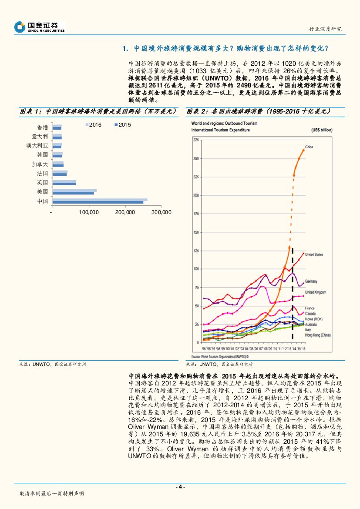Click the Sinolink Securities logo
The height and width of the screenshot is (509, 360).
(40, 27)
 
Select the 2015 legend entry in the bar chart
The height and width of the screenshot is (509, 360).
(122, 125)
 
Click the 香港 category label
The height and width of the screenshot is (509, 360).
(43, 127)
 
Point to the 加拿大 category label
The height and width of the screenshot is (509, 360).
(40, 164)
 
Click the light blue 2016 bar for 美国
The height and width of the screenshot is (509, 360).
(74, 190)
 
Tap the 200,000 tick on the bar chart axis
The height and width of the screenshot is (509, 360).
(126, 212)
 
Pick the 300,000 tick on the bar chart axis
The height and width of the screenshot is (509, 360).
(162, 212)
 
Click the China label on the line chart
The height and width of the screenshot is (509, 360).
(309, 147)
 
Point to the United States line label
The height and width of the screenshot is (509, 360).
(314, 254)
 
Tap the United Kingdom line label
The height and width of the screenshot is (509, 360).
(316, 292)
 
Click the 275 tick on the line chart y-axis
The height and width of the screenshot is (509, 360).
(196, 140)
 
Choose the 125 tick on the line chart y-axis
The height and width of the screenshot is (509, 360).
(196, 251)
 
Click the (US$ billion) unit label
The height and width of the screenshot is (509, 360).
(321, 130)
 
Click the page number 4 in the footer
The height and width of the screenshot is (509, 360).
(180, 487)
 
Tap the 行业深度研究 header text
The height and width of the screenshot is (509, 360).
(325, 29)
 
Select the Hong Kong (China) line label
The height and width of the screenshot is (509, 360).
(318, 335)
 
